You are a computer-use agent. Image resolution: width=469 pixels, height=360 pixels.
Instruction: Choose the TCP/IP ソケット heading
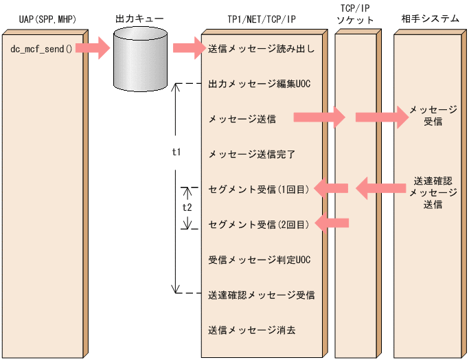point(357,14)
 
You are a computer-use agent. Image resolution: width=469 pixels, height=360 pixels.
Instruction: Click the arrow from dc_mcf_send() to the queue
point(92,49)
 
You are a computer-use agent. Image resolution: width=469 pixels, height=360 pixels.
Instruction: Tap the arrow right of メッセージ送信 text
point(319,117)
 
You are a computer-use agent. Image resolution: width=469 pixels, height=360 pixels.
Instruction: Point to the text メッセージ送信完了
point(251,154)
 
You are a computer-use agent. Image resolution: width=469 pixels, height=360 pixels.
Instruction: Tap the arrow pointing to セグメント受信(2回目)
point(332,223)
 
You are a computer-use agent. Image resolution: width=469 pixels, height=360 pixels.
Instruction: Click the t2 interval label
point(187,205)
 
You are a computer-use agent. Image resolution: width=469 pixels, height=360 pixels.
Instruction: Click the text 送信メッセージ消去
point(251,330)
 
